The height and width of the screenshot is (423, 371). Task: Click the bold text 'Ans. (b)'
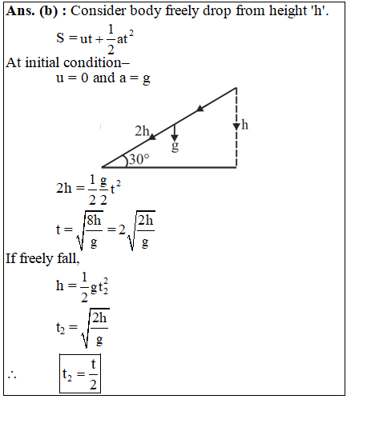click(x=32, y=11)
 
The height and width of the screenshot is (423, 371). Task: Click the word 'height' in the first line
click(x=288, y=12)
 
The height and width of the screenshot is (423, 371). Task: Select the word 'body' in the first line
click(x=145, y=12)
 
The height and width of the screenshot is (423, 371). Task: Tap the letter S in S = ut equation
click(x=60, y=38)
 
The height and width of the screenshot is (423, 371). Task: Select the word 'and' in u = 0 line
click(x=104, y=78)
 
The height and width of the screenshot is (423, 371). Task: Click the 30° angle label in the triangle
click(x=139, y=159)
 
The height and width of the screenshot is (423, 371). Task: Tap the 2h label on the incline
click(x=142, y=131)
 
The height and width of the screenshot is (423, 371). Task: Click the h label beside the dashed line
click(x=244, y=125)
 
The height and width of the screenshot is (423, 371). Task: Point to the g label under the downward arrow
click(x=175, y=146)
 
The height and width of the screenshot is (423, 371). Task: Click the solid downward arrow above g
click(x=175, y=133)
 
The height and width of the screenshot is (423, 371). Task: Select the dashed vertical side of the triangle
click(x=236, y=127)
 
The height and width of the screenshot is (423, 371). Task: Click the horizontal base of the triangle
click(x=169, y=167)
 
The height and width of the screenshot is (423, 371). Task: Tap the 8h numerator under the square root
click(x=94, y=221)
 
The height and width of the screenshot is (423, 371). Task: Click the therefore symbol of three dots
click(x=12, y=375)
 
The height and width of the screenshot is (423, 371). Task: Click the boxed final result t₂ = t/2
click(x=80, y=373)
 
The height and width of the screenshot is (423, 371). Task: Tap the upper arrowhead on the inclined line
click(x=200, y=109)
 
